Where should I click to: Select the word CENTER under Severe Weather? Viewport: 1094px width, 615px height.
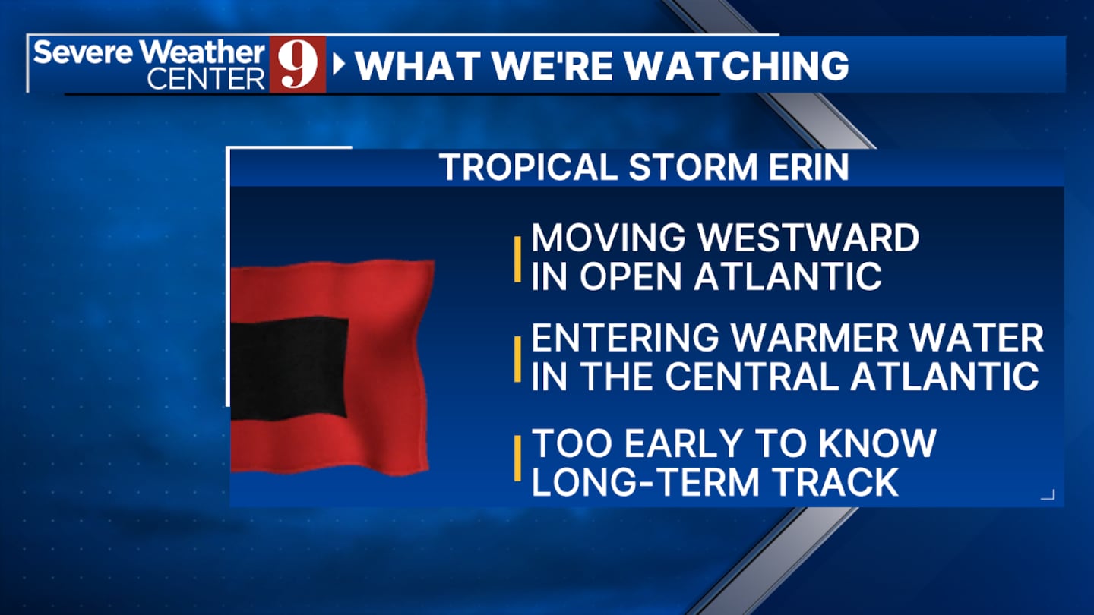point(206,79)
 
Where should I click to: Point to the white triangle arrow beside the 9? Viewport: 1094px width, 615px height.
point(339,65)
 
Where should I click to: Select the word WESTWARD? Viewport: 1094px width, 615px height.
point(808,238)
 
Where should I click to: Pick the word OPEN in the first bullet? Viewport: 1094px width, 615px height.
point(630,277)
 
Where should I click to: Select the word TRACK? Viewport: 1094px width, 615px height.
point(837,482)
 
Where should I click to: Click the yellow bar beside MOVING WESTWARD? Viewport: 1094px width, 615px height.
point(517,259)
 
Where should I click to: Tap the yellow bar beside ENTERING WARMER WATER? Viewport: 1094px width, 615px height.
point(517,359)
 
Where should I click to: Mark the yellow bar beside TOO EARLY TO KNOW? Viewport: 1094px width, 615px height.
point(517,459)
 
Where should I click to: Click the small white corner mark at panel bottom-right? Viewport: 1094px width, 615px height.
point(1048,495)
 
